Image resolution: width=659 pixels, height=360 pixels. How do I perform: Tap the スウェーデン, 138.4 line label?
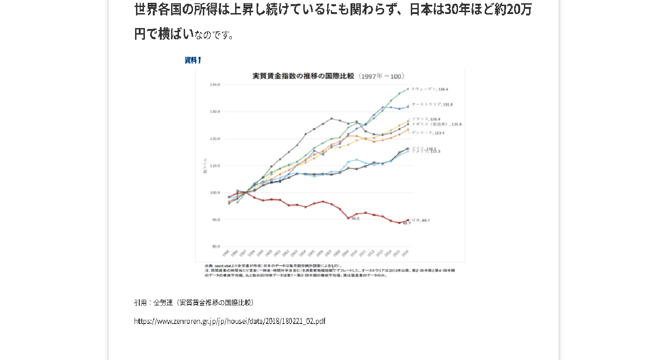click(430, 89)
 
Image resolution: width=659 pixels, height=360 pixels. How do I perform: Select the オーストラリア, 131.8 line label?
click(432, 105)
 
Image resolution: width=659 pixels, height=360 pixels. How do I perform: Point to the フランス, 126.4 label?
click(426, 119)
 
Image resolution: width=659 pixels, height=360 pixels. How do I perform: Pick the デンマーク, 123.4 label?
click(428, 133)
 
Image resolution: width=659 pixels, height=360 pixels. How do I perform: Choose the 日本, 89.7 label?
click(420, 220)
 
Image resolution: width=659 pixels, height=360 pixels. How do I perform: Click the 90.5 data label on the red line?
click(355, 218)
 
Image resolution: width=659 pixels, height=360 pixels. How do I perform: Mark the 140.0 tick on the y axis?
click(215, 85)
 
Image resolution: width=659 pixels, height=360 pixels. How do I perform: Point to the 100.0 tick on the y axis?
click(215, 193)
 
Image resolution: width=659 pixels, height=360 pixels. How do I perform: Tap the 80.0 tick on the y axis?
click(215, 246)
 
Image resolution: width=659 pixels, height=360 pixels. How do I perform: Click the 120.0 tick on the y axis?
click(215, 139)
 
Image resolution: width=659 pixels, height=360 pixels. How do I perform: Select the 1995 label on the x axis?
click(226, 253)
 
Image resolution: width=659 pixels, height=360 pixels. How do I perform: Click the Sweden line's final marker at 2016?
click(408, 89)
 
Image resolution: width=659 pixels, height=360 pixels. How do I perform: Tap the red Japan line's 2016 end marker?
click(408, 220)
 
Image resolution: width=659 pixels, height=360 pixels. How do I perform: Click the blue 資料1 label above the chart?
click(193, 60)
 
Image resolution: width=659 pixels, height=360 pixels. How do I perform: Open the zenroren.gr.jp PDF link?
click(229, 321)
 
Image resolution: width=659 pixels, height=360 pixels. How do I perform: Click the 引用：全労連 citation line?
click(194, 302)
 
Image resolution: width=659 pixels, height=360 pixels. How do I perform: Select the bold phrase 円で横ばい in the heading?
click(164, 34)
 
